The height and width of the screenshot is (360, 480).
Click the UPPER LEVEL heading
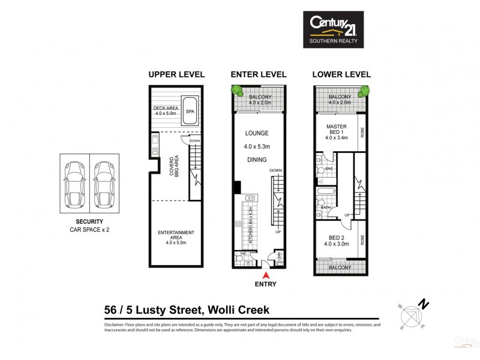point(176,75)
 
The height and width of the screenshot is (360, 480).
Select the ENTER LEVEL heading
point(259,75)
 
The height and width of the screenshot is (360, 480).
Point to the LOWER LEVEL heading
point(341,75)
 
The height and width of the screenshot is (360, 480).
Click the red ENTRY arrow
point(258,275)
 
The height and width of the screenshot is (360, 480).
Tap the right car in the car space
point(104,182)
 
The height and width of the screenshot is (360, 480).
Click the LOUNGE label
point(256,133)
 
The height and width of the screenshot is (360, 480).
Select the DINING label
point(256,160)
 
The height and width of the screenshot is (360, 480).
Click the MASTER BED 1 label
point(337,130)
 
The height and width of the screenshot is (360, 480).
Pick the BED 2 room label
point(337,240)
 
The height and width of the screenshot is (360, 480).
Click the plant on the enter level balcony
point(234,91)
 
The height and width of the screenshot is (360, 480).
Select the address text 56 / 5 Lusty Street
point(151,310)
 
